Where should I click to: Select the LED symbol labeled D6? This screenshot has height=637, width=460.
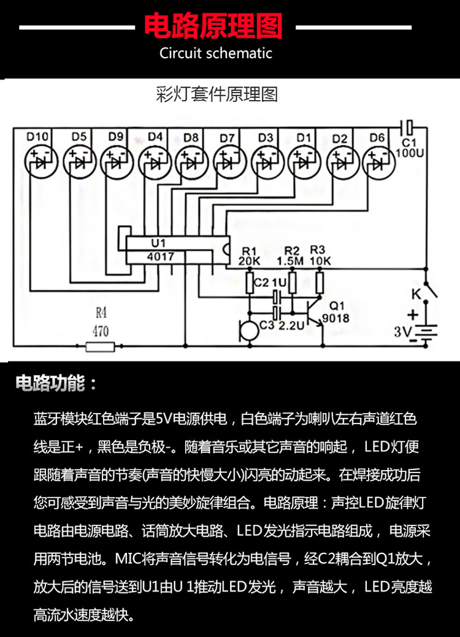click(378, 163)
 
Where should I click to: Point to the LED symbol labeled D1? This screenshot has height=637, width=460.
click(304, 163)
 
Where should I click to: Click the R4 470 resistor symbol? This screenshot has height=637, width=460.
click(100, 347)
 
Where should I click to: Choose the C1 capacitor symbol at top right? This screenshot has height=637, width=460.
click(410, 128)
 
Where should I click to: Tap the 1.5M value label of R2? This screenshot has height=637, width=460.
click(292, 261)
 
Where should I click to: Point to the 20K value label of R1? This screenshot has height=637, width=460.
click(250, 261)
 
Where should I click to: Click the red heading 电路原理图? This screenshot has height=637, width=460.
click(213, 26)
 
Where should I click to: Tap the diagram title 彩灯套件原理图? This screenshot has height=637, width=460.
click(217, 95)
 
